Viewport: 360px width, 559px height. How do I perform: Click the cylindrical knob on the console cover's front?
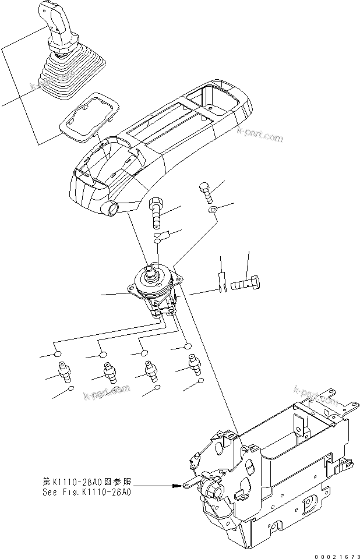pos(111,206)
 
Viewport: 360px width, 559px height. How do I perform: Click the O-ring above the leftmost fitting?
pos(58,353)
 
